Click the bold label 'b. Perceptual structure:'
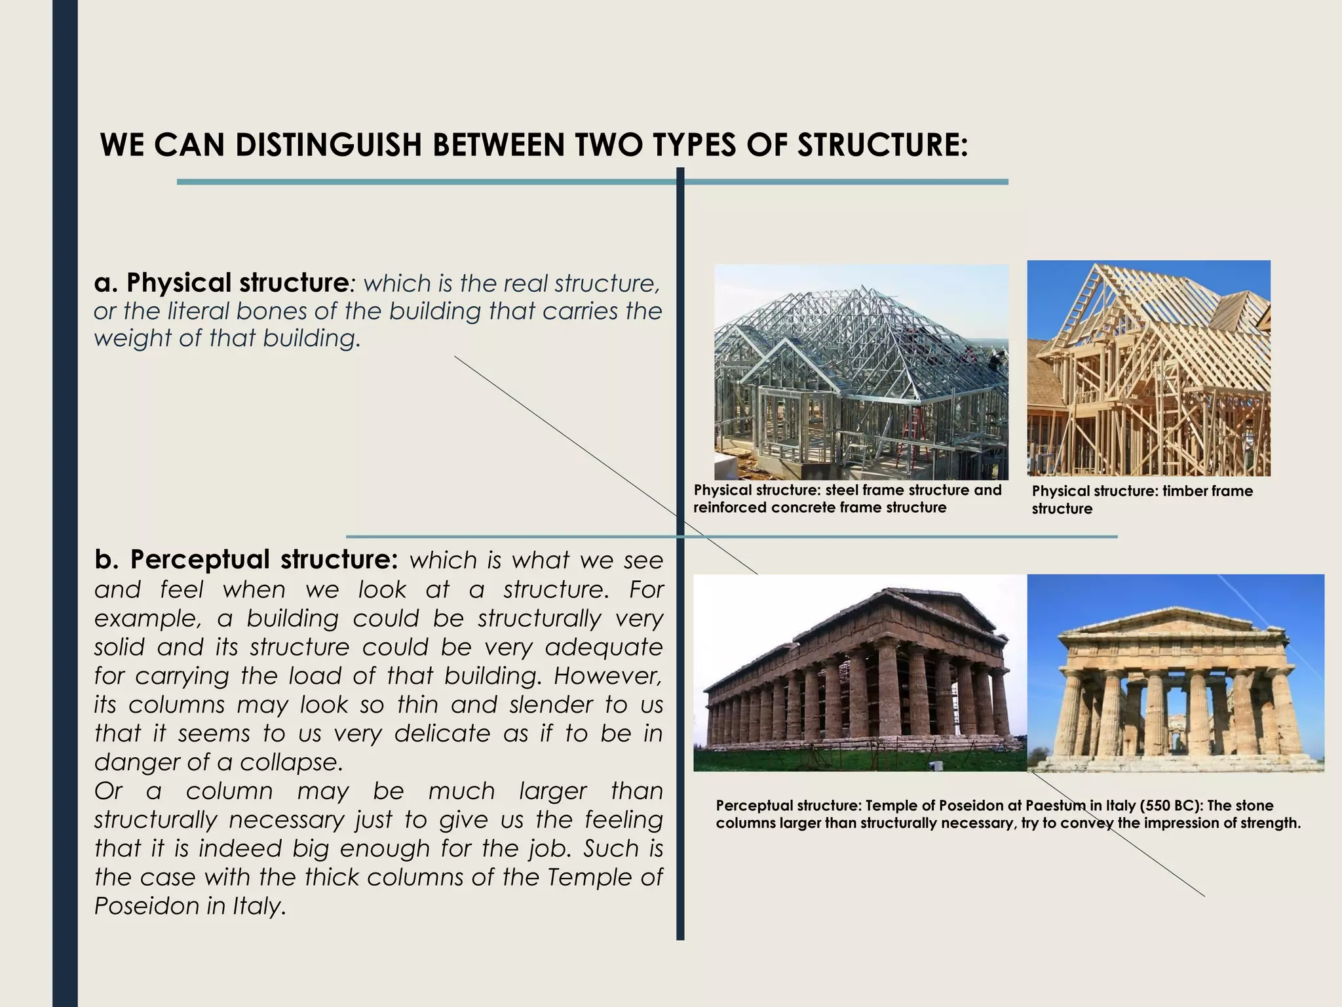click(x=246, y=559)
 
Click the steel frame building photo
click(x=860, y=372)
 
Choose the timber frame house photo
click(x=1148, y=368)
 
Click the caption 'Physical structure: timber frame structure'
click(x=1141, y=500)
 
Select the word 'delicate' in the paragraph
click(x=442, y=733)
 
